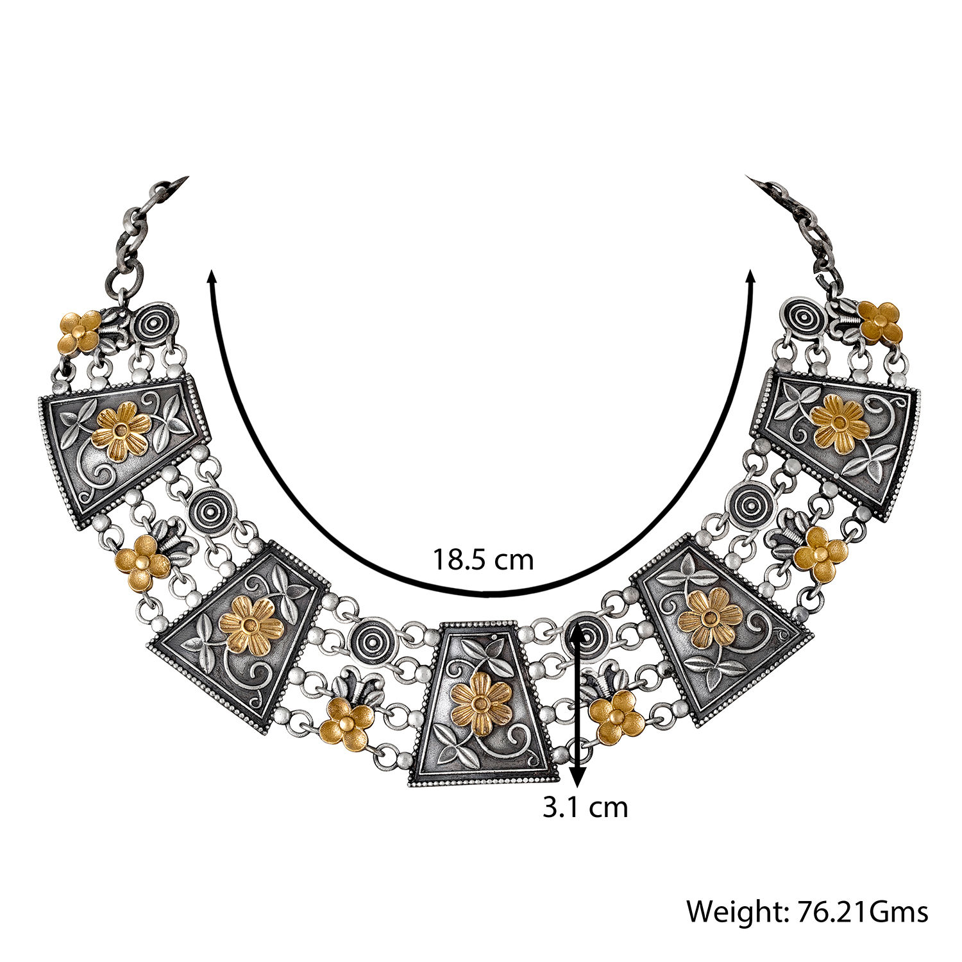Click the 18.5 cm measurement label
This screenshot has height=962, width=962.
click(x=482, y=559)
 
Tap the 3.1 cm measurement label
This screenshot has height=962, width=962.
click(x=585, y=807)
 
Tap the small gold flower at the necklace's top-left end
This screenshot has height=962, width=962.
click(x=80, y=332)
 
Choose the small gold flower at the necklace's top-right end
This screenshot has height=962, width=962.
click(x=881, y=323)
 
